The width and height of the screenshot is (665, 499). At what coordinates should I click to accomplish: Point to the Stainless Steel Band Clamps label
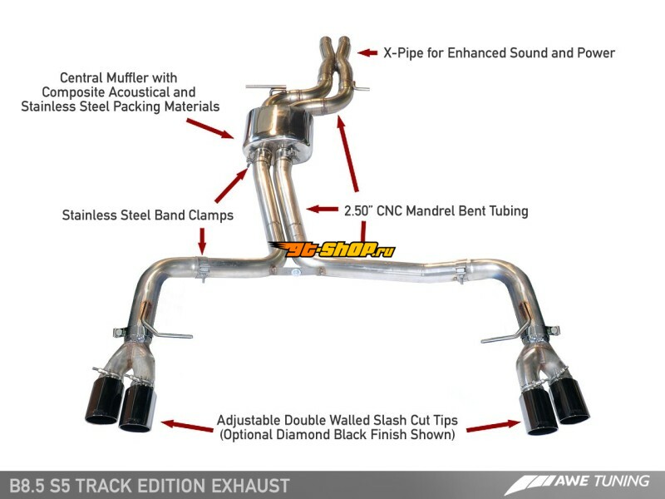pos(148,215)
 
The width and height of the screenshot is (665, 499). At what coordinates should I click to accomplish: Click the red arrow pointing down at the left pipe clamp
pos(202,241)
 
